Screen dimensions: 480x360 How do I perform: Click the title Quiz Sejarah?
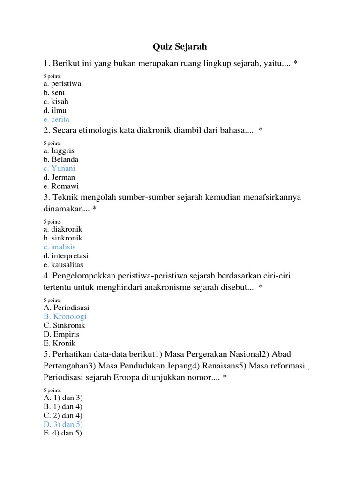(x=180, y=47)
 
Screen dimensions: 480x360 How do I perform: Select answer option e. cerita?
(x=56, y=119)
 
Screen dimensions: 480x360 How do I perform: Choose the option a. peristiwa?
(x=62, y=83)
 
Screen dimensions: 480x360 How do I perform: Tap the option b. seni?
(x=53, y=92)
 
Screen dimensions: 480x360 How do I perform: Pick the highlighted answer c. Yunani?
(x=59, y=168)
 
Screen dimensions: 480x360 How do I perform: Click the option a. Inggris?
(x=59, y=150)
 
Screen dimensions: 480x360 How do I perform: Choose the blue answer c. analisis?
(x=59, y=247)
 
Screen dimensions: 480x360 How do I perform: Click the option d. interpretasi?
(x=66, y=256)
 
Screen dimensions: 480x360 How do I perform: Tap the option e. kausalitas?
(x=63, y=265)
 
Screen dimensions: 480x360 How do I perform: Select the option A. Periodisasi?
(x=66, y=307)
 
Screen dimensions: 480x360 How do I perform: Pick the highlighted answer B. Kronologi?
(x=65, y=316)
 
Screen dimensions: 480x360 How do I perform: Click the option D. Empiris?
(x=61, y=334)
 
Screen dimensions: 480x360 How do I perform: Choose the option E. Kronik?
(x=60, y=343)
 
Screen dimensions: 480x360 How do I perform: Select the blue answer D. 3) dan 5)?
(x=63, y=424)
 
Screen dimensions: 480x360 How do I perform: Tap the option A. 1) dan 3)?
(x=63, y=397)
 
